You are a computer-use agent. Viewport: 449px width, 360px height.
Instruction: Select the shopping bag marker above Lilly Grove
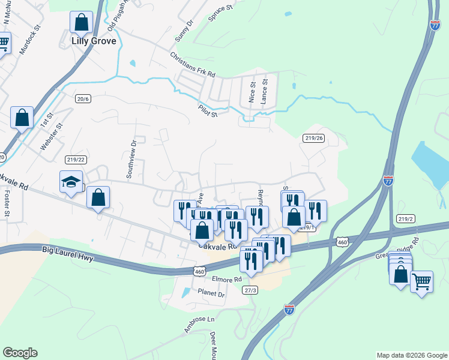tap(81, 23)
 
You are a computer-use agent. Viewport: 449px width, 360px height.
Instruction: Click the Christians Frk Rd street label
tap(192, 65)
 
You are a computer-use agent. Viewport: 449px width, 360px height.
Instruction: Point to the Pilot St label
tap(208, 110)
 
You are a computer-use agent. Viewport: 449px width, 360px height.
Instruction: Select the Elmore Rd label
tap(226, 279)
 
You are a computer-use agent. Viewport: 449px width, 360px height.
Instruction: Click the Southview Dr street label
tap(131, 159)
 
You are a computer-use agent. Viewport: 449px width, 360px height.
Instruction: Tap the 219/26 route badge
tap(314, 138)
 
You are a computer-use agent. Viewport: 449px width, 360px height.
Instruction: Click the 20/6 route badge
tap(83, 98)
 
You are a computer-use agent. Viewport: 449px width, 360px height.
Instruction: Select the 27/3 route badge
tap(250, 290)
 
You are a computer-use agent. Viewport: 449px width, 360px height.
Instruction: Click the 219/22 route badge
tap(76, 159)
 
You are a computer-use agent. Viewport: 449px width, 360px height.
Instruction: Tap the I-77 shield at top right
tap(435, 25)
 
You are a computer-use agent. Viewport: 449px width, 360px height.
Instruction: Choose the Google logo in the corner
tap(20, 352)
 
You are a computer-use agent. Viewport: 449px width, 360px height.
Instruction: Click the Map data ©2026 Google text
tap(411, 355)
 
